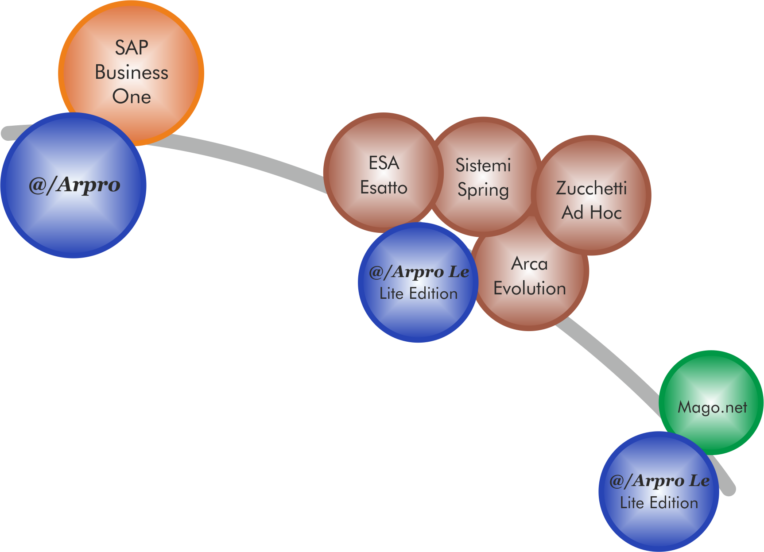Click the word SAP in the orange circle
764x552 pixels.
(x=132, y=48)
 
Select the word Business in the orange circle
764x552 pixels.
(x=132, y=73)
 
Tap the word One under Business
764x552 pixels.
(x=132, y=97)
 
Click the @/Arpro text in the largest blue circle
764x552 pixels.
(x=74, y=185)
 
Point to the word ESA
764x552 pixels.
(x=384, y=163)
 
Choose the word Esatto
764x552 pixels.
(x=384, y=188)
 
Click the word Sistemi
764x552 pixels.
(x=483, y=166)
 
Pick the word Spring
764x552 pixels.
(x=483, y=190)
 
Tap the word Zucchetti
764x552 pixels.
(x=591, y=188)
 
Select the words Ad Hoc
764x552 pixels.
(x=592, y=213)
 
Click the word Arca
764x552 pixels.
(x=530, y=264)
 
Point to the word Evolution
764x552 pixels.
(x=530, y=289)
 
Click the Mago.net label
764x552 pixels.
(x=712, y=407)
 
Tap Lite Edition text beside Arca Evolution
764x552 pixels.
(x=419, y=293)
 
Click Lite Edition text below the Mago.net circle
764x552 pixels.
(x=659, y=503)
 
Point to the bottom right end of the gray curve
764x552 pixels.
(x=729, y=489)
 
